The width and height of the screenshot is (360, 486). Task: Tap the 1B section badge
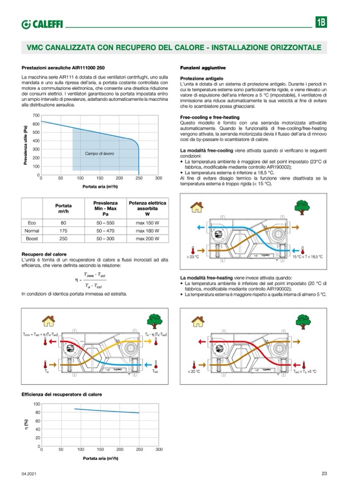tap(321, 23)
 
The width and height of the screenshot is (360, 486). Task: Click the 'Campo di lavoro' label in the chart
tap(99, 153)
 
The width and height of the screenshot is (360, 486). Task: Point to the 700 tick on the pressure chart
tap(35, 116)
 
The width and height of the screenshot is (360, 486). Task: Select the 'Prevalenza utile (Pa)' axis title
tap(25, 145)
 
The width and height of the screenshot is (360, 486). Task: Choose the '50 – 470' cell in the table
tap(105, 231)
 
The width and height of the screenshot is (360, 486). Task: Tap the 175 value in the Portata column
tap(63, 231)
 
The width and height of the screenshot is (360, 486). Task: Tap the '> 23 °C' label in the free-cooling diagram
tap(192, 257)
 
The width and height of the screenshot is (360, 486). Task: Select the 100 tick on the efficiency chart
tap(36, 403)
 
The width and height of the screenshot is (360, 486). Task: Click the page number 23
tap(324, 474)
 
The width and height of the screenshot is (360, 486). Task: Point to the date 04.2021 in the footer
tap(28, 474)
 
